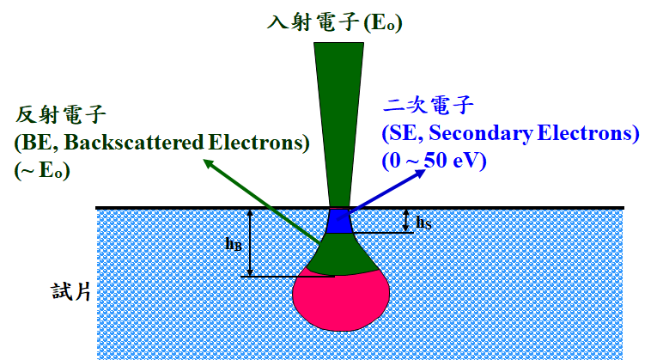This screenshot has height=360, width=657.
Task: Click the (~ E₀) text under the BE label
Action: (x=42, y=170)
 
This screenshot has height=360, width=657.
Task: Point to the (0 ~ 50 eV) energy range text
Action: (x=435, y=160)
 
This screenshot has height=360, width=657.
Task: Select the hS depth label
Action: (x=423, y=223)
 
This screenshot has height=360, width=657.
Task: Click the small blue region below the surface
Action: (x=338, y=222)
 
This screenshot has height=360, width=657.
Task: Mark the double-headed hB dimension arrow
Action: (x=250, y=241)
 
